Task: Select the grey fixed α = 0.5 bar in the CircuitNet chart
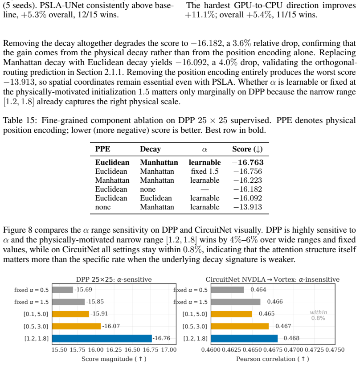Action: click(227, 290)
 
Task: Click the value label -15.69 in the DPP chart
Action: click(83, 290)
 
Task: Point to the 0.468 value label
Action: click(291, 338)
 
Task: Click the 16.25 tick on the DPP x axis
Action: click(114, 350)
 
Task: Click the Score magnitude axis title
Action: click(114, 359)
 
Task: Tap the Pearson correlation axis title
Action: click(273, 359)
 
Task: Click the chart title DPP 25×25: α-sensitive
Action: click(114, 279)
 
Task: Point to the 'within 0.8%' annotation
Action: click(319, 315)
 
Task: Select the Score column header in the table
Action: click(247, 149)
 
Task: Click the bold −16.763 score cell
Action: click(248, 162)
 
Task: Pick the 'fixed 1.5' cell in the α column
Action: click(205, 171)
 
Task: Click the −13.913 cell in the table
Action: click(248, 207)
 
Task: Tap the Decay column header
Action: click(150, 149)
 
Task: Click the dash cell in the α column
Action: click(205, 190)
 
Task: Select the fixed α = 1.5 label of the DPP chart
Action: click(32, 302)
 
